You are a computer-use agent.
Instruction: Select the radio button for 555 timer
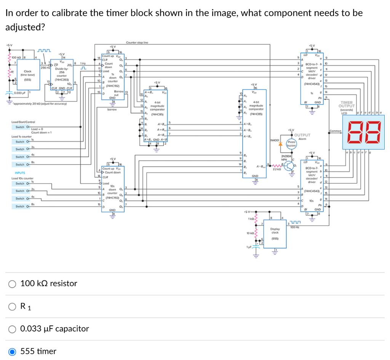(x=13, y=351)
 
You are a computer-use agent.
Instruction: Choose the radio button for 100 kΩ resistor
(x=13, y=284)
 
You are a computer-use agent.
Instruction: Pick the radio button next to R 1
(x=13, y=306)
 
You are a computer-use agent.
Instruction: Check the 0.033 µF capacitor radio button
(x=13, y=329)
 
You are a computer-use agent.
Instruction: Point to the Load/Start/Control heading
(x=23, y=122)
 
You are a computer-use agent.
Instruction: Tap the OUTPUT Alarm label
(x=302, y=137)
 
